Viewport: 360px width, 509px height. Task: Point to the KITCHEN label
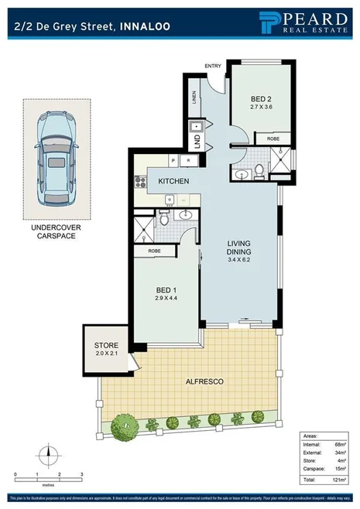[174, 181]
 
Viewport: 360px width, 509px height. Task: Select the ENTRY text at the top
[213, 66]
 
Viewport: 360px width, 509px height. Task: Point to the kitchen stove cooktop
[141, 183]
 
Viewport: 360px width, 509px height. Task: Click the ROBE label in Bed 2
[273, 140]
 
